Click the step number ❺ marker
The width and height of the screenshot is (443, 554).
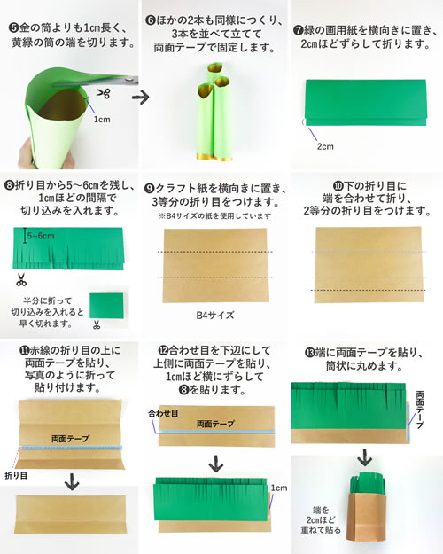click(x=14, y=27)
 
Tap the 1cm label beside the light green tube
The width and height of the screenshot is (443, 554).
click(x=102, y=120)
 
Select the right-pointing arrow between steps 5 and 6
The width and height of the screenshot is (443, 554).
click(x=140, y=97)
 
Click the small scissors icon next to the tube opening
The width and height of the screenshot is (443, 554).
click(x=105, y=94)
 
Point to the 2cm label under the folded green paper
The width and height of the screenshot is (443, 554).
click(x=325, y=146)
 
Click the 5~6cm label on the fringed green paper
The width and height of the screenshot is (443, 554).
click(x=41, y=236)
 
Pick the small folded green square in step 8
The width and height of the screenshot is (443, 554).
click(x=106, y=305)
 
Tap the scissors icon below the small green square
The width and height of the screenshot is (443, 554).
click(x=97, y=324)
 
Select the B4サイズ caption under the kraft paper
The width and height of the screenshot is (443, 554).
click(x=215, y=316)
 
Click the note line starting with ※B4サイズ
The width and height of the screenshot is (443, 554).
click(x=214, y=215)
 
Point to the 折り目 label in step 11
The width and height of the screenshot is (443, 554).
click(x=16, y=476)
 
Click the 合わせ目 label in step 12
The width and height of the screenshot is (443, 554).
click(x=163, y=413)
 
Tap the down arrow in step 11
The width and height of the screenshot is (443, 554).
click(x=72, y=481)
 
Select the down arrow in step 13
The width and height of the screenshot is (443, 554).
click(x=364, y=457)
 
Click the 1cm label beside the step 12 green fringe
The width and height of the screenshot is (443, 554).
click(x=279, y=488)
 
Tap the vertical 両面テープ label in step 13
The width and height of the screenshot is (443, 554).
click(x=420, y=410)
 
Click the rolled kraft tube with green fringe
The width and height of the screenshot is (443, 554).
click(x=366, y=507)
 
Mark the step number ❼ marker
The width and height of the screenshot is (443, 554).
click(x=299, y=30)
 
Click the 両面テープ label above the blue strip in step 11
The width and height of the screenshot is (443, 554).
click(x=70, y=439)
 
